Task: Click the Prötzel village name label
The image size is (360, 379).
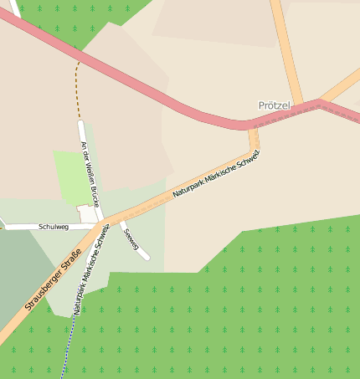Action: (275, 106)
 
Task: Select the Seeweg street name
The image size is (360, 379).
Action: (130, 238)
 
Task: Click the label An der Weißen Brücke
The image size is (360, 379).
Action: (90, 174)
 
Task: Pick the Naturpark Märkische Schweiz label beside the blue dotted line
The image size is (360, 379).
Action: (90, 269)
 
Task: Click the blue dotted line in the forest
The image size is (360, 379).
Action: (65, 356)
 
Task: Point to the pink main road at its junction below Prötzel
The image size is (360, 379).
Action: (251, 125)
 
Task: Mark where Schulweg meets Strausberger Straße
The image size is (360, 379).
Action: (99, 225)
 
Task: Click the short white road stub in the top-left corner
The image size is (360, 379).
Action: (15, 8)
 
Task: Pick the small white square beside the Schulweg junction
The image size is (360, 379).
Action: (85, 213)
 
